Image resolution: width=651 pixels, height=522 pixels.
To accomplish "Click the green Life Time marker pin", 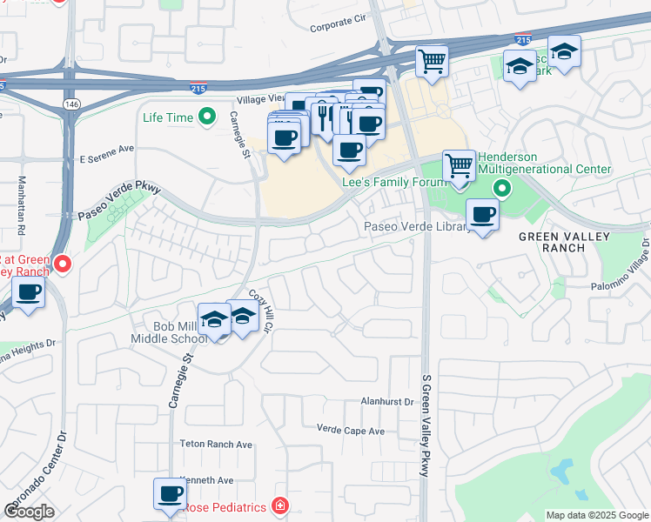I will click(x=207, y=116).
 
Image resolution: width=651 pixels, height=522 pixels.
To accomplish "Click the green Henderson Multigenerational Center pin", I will click(x=501, y=188).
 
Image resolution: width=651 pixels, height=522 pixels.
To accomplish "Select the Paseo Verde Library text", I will click(x=416, y=226).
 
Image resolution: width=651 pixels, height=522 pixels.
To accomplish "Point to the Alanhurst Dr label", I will click(x=388, y=401).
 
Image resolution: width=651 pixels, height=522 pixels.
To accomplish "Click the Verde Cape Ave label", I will click(x=351, y=431).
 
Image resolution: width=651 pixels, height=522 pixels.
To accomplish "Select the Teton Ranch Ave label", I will click(x=216, y=444).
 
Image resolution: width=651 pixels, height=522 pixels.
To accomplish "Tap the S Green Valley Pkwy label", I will click(x=426, y=434).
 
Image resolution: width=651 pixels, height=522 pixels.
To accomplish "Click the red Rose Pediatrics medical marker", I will click(x=279, y=505).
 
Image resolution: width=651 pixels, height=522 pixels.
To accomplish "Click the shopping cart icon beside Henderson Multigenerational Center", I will click(x=459, y=164).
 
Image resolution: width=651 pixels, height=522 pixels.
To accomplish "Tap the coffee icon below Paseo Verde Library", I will click(x=482, y=214).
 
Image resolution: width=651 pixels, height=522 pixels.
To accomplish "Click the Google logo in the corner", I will click(x=30, y=511).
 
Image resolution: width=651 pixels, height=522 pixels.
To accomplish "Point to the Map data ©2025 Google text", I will click(x=596, y=515).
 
